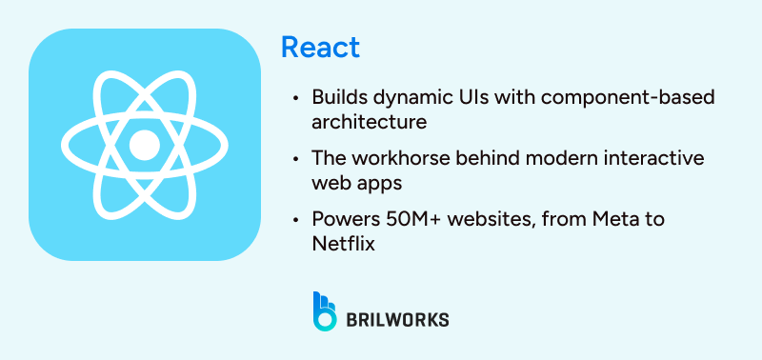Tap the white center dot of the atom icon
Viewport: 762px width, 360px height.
(144, 145)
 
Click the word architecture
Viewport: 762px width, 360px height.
(369, 122)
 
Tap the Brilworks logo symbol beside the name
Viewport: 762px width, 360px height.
(325, 310)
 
